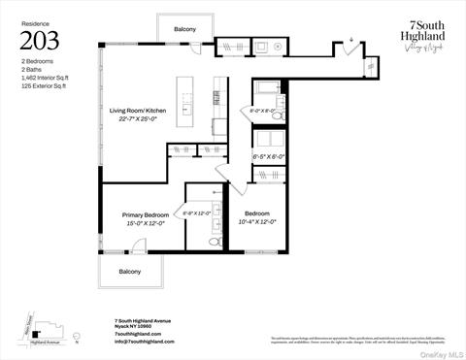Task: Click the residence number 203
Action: (40, 41)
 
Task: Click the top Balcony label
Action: (185, 30)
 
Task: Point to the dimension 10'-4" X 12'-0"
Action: (256, 222)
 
